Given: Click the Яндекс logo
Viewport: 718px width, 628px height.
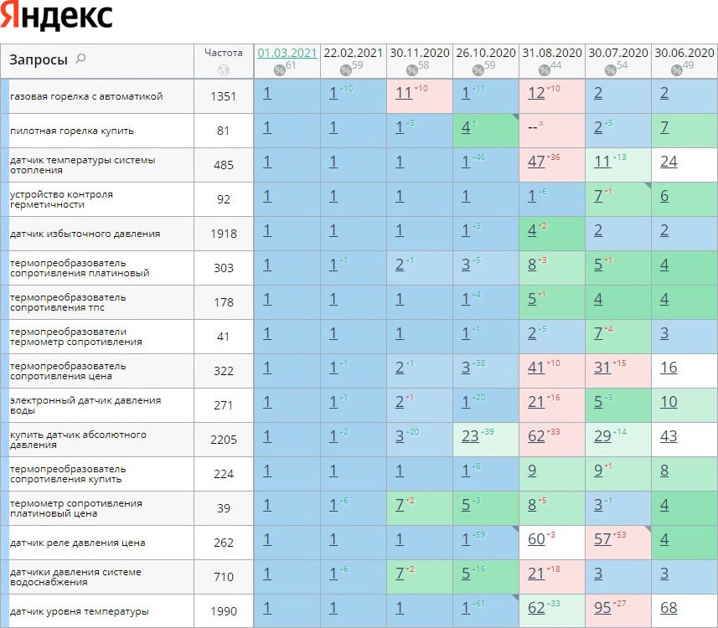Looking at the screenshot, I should pos(57,17).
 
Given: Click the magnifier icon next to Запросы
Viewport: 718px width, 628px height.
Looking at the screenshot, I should pos(80,59).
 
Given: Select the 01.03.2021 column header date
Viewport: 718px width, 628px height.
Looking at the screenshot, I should pos(287,52).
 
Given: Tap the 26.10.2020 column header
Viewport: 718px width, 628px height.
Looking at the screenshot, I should pos(486,52).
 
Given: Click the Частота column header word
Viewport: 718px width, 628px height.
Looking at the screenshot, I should pos(224,52).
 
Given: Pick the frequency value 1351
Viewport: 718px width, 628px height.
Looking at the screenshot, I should pos(224,96).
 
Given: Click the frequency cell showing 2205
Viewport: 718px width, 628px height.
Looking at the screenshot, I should pos(224,440).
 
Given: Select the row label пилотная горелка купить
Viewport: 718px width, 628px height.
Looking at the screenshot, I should pos(72,131).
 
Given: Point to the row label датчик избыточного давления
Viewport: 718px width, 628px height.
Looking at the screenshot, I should pos(85,234).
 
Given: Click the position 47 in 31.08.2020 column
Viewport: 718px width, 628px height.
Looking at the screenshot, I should pos(536,162).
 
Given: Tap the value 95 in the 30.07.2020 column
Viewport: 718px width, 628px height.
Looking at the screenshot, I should pos(602,608).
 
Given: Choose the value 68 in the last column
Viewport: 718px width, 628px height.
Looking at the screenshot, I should pos(669,608).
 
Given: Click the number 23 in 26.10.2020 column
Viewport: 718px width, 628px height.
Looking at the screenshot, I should pos(469,436).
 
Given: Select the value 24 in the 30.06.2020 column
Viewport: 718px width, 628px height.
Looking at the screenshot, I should pos(669,162).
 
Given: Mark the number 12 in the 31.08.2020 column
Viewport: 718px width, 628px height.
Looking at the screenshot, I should pos(536,93).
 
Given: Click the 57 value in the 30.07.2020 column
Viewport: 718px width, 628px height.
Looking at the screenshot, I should pos(602,539).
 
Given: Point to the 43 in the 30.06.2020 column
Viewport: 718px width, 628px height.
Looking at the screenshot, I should pos(669,436).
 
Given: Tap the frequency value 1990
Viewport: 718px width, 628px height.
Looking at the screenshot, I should pos(224,611).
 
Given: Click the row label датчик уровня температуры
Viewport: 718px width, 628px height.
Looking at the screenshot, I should pos(80,611).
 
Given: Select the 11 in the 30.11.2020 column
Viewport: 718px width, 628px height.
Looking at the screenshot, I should pos(404,93).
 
